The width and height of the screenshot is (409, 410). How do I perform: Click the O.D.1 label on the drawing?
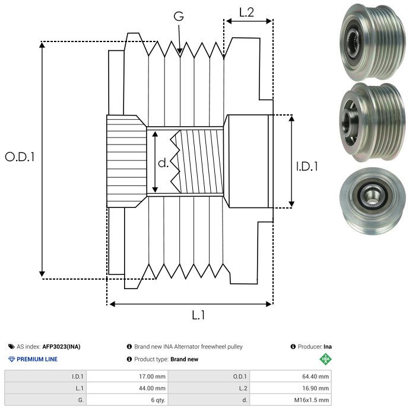coord(20,157)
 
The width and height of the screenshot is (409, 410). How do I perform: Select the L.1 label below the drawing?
coord(199,315)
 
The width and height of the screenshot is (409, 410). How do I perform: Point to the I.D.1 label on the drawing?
coord(307,167)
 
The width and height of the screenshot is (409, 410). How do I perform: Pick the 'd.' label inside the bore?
coord(163,163)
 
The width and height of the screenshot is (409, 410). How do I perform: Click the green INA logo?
coord(325,358)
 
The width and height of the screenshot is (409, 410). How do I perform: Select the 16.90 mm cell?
coord(315,388)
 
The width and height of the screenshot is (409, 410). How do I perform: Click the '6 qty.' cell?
coord(157,400)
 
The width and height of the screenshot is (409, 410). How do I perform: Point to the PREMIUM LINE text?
coord(37,359)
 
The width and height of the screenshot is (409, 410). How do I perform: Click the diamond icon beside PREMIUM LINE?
coord(11,359)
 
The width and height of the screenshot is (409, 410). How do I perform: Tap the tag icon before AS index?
coord(11,347)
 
